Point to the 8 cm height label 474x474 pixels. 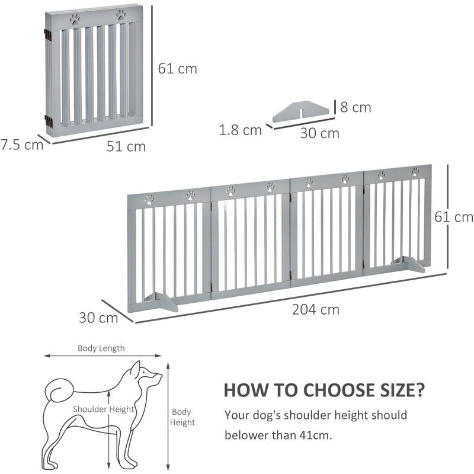pos(355,107)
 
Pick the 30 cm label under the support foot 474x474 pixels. pos(319,133)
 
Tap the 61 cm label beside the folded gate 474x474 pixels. pos(178,69)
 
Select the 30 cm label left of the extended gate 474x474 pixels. pos(98,318)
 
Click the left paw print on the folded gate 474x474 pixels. pos(75,19)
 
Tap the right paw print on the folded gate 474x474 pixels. pos(121,15)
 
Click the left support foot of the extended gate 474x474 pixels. pos(159,301)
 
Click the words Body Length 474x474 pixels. pos(101,348)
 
